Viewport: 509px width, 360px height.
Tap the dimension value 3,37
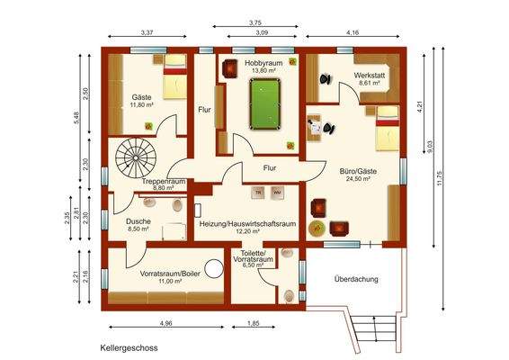147,33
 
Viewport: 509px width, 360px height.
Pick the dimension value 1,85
254,322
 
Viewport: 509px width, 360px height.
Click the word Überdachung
356,279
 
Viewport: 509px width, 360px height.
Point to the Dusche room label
138,221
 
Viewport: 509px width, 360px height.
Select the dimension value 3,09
261,33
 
